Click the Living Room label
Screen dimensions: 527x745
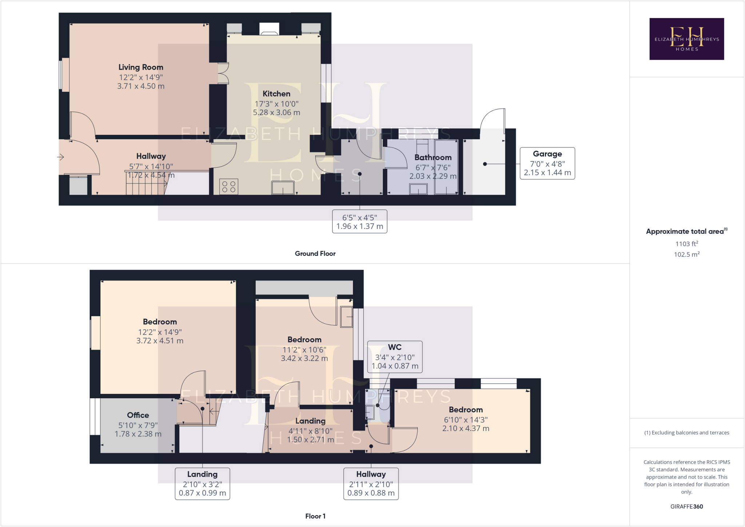141,67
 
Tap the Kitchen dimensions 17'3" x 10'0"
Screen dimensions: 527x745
276,104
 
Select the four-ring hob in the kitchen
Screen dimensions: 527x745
229,187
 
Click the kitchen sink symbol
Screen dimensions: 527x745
283,188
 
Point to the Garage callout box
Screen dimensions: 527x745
547,163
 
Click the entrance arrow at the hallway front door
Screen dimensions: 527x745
61,157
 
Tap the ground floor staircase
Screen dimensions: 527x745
146,184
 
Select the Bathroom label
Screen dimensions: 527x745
433,157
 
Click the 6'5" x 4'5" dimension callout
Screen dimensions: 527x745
359,221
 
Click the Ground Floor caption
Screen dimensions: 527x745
315,253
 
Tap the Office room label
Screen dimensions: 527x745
138,415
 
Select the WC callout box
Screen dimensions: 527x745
395,357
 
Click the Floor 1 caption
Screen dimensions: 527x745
315,516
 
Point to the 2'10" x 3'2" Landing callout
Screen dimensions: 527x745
202,484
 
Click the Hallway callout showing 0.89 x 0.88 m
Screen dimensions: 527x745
371,484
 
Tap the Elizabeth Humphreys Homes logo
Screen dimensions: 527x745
686,39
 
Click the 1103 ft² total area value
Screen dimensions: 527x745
686,244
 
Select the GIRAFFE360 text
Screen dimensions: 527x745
686,506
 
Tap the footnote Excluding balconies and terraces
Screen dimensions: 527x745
686,432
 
